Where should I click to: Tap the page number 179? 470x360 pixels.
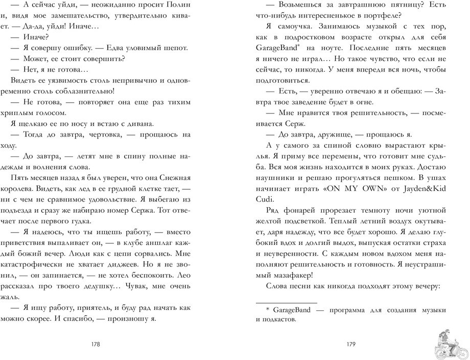[x=350, y=344]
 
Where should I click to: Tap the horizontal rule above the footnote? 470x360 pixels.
[x=286, y=302]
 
